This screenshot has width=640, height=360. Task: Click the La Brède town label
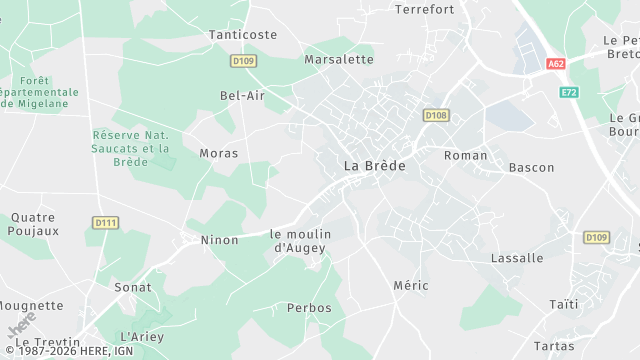pos(375,166)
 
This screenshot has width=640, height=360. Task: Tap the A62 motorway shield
pos(557,63)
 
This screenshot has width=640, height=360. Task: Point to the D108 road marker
pos(435,115)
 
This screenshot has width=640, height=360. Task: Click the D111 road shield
pos(104,222)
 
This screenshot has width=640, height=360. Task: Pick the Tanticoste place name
pos(243,34)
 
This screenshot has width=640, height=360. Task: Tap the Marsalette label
pos(339,59)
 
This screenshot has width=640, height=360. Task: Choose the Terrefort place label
pos(424,10)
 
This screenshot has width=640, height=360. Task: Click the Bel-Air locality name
pos(242,96)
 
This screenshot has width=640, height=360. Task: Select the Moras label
pos(218,153)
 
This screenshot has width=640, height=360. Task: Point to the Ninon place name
pos(220,240)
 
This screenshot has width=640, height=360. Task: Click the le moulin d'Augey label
pos(300,240)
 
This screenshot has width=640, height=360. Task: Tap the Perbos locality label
pos(309,308)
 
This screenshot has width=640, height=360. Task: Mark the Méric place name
pos(411,285)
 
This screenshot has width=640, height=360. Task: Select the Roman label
pos(465,155)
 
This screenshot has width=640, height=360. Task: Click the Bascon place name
pos(531,167)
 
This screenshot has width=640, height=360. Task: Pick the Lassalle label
pos(517,258)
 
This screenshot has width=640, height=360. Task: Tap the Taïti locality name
pos(564,304)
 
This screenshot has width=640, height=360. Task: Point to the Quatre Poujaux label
pos(35,223)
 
